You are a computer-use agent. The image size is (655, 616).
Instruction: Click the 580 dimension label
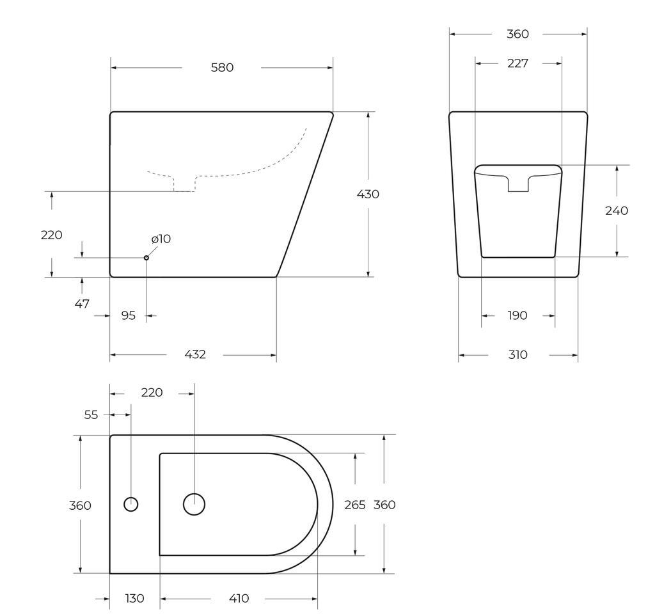pos(222,68)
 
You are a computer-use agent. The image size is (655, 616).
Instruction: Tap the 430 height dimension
pos(368,194)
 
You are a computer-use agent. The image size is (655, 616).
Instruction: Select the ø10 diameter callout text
pos(161,239)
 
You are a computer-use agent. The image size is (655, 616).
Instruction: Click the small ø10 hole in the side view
pos(146,258)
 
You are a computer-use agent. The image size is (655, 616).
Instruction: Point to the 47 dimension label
pos(82,304)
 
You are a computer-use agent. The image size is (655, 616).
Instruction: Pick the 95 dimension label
pos(128,316)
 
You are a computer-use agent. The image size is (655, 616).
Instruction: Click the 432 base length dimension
pos(195,354)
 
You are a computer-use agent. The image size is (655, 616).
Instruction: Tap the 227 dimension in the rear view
pos(517,63)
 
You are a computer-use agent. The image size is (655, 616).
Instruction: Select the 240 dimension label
pos(617,210)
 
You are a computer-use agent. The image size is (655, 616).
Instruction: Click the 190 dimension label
pos(517,315)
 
